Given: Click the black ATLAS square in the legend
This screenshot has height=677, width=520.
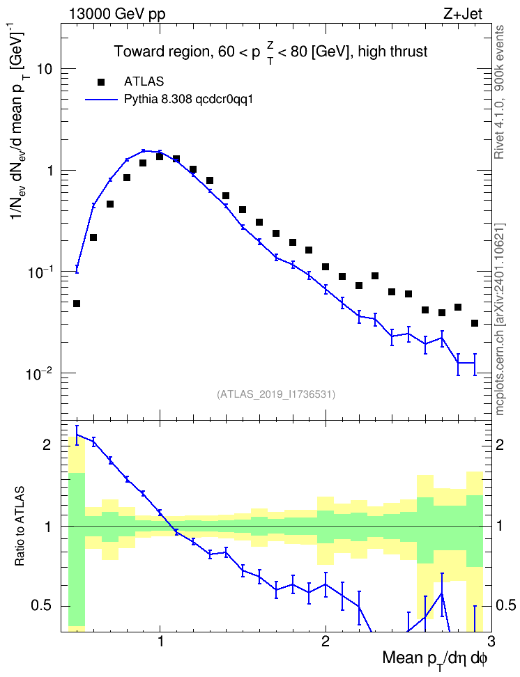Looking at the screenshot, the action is point(101,81).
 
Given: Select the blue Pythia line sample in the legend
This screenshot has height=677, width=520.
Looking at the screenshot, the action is point(101,100).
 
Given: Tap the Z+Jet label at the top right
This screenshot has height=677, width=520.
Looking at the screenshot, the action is point(463,14).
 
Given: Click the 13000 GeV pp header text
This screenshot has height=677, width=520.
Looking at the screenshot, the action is point(116,15).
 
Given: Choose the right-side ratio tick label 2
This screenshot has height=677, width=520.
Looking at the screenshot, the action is point(500,445).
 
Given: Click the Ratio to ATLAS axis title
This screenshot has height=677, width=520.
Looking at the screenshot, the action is point(20,527).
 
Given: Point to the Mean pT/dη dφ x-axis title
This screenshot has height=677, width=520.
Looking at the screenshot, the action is point(435,660).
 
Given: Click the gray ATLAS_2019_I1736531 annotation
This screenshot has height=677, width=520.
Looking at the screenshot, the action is point(276,394).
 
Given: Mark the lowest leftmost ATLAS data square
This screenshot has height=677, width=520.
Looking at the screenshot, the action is point(77,304).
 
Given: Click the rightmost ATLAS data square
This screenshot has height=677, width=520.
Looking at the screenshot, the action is point(474,323).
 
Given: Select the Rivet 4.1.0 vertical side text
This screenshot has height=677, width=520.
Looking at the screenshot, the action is point(499,93).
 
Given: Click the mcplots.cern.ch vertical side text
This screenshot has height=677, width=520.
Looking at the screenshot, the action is point(499,320).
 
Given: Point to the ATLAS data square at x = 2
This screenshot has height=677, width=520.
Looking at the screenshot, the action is point(326,267).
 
